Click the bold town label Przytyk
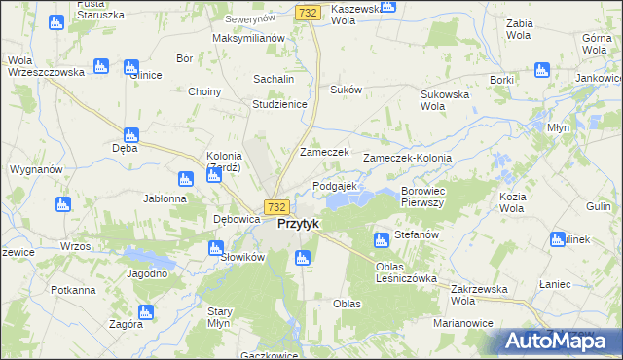pos(299,223)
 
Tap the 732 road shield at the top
pos(308,12)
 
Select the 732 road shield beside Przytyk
pos(277,207)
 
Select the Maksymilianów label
pos(247,38)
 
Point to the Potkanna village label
pos(73,290)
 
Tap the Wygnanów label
pos(36,169)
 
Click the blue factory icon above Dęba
pos(129,135)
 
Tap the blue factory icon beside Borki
pos(541,70)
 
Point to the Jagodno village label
pos(147,273)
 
